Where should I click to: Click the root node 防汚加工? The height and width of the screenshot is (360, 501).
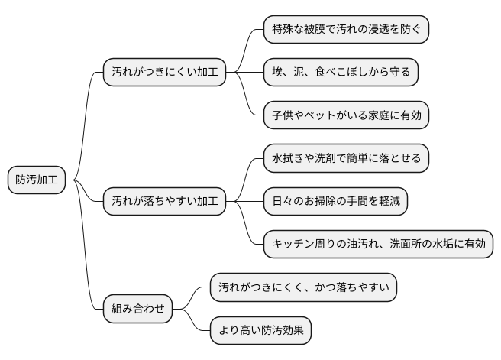click(x=37, y=180)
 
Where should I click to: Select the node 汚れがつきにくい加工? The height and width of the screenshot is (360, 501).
click(x=164, y=73)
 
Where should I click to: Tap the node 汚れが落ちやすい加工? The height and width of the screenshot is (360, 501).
click(x=164, y=202)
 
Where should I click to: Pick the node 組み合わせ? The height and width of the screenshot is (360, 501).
click(x=137, y=310)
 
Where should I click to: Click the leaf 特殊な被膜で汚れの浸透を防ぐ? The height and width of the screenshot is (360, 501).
click(x=346, y=30)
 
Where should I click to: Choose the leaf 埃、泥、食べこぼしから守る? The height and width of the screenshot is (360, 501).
click(x=341, y=73)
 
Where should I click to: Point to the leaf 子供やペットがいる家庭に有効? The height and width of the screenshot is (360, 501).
click(x=346, y=116)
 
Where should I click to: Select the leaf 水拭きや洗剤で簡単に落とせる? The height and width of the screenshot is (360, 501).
click(x=346, y=159)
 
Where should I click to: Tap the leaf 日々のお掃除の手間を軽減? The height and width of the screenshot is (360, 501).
click(x=335, y=202)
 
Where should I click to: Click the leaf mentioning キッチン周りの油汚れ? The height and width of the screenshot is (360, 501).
click(x=378, y=245)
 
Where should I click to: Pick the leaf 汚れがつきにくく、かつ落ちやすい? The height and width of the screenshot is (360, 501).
click(x=303, y=287)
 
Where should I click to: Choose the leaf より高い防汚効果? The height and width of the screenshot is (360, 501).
click(x=260, y=331)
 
